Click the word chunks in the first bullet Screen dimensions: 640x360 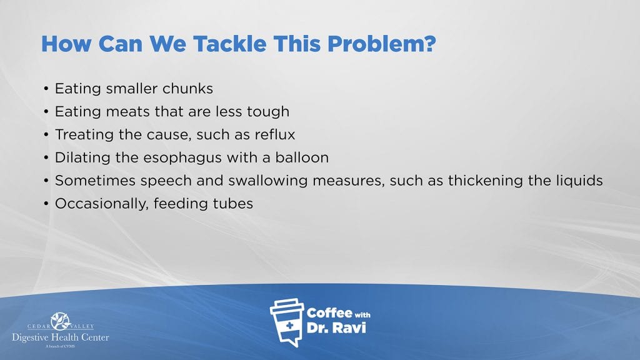pyautogui.click(x=187, y=89)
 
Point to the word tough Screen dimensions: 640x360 pyautogui.click(x=268, y=112)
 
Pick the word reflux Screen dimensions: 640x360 pyautogui.click(x=275, y=135)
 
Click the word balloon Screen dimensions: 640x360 pyautogui.click(x=302, y=157)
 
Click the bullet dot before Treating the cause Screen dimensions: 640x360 pyautogui.click(x=46, y=135)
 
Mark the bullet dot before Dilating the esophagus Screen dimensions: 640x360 pyautogui.click(x=46, y=157)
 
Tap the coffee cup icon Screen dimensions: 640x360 pyautogui.click(x=286, y=322)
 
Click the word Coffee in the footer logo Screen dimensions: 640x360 pyautogui.click(x=329, y=313)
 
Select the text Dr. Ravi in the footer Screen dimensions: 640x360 pyautogui.click(x=336, y=327)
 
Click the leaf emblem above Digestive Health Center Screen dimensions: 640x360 pyautogui.click(x=61, y=321)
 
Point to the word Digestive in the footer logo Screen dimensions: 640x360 pyautogui.click(x=31, y=338)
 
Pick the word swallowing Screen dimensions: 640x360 pyautogui.click(x=267, y=181)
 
